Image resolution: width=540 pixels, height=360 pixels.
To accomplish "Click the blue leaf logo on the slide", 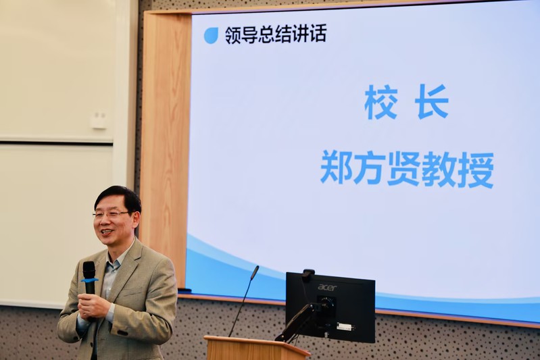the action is pyautogui.click(x=211, y=35).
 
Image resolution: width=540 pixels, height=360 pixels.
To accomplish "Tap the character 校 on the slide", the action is pyautogui.click(x=381, y=102).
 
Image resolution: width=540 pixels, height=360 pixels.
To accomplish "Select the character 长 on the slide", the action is pyautogui.click(x=431, y=102).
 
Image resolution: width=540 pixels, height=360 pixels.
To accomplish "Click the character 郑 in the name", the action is pyautogui.click(x=337, y=169).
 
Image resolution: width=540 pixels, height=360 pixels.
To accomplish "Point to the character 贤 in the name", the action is pyautogui.click(x=404, y=169).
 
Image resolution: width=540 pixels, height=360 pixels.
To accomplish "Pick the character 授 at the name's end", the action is pyautogui.click(x=477, y=170).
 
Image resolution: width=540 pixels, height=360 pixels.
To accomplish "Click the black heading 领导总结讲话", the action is pyautogui.click(x=276, y=34).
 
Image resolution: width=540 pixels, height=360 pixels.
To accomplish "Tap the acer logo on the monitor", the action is pyautogui.click(x=327, y=287).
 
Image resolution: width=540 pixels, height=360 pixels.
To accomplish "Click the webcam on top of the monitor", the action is pyautogui.click(x=308, y=273).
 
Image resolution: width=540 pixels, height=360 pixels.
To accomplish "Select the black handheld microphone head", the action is pyautogui.click(x=89, y=269).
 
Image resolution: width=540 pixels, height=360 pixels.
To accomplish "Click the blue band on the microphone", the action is pyautogui.click(x=89, y=280).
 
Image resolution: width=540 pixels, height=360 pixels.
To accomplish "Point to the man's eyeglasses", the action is pyautogui.click(x=109, y=214).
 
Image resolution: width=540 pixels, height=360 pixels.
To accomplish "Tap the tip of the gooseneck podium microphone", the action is pyautogui.click(x=255, y=272).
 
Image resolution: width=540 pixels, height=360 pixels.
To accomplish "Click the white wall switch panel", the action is pyautogui.click(x=99, y=120).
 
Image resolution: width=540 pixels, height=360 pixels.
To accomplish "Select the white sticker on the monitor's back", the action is pyautogui.click(x=346, y=327).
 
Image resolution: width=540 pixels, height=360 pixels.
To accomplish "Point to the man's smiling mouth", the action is pyautogui.click(x=106, y=232).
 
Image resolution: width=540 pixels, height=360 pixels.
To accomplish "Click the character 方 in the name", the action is pyautogui.click(x=370, y=169).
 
